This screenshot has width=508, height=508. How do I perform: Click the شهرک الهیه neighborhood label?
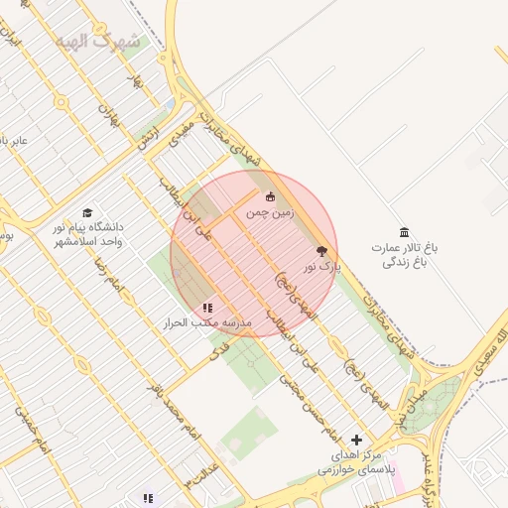[x=109, y=41]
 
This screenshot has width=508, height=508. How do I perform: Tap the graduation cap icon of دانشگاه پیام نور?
[x=87, y=213]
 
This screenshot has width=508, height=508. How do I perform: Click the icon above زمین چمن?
[x=270, y=196]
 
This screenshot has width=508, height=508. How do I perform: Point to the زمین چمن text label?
[x=271, y=212]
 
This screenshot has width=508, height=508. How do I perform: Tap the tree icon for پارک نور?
[x=320, y=252]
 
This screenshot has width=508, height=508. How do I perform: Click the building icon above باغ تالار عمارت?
[x=404, y=231]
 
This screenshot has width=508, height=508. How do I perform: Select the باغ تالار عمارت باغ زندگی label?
[x=405, y=253]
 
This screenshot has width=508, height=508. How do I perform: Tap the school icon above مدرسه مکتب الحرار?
[x=207, y=309]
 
